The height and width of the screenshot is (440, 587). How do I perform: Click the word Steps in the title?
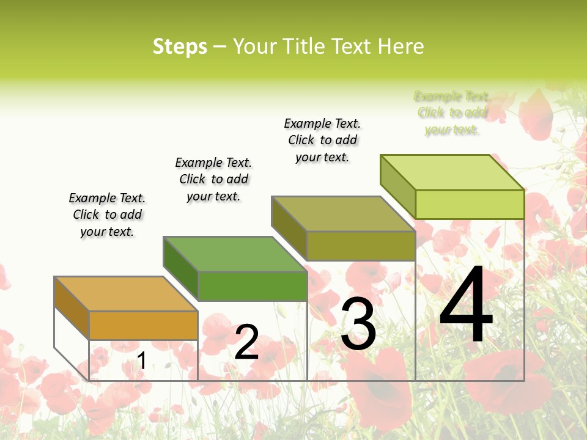[180, 47]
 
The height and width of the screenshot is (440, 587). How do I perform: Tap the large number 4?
[466, 306]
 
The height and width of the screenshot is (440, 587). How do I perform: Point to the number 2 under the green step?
[246, 342]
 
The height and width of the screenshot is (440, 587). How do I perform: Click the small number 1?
[141, 361]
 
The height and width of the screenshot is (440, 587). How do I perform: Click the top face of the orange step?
[125, 294]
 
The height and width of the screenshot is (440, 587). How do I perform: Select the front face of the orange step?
[143, 325]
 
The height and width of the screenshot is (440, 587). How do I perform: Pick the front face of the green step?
[252, 286]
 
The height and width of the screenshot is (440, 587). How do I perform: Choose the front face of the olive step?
[361, 246]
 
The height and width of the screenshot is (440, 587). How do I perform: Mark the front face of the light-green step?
[470, 204]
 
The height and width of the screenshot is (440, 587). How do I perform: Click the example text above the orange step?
[107, 215]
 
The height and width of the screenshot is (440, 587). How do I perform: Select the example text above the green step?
[213, 179]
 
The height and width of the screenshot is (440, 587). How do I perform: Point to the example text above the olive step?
[322, 140]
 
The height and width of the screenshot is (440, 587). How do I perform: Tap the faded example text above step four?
[452, 112]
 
